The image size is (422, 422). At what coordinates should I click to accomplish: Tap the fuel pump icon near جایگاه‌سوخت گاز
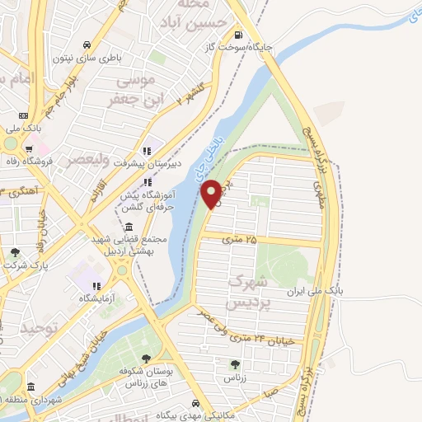239,35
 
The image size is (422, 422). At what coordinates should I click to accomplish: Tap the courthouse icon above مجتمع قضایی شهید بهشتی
129,227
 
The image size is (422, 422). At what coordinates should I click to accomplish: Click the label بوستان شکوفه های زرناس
146,378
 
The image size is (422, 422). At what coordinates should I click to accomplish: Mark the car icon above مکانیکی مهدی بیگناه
195,403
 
